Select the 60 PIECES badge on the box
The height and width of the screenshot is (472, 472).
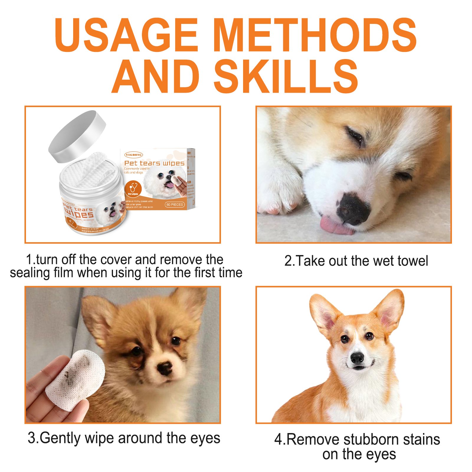coord(175,204)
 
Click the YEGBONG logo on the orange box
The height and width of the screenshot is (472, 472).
coord(134,155)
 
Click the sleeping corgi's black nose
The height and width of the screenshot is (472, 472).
coord(353,208)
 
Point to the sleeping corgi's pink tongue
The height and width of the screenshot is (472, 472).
coord(336,226)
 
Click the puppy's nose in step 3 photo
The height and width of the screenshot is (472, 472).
coord(165,368)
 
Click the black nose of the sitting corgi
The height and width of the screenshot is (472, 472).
coord(357,358)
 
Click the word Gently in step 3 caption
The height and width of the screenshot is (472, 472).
coord(60,438)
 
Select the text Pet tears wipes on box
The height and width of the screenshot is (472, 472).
coord(154,163)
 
